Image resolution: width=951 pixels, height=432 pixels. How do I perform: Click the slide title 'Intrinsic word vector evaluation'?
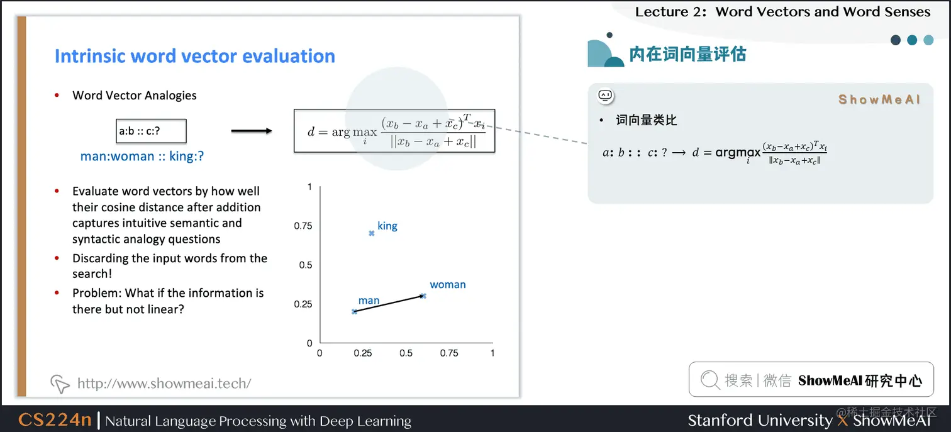[194, 56]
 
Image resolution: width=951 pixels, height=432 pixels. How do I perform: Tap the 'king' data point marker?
[371, 233]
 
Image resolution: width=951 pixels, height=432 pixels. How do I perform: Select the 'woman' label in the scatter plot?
[447, 284]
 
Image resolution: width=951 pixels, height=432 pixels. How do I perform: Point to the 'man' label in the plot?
[369, 301]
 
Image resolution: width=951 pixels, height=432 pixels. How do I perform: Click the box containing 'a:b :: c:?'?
[151, 131]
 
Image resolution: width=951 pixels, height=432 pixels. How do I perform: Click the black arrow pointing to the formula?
[251, 131]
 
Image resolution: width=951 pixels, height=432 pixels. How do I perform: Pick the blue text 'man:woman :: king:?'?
[142, 156]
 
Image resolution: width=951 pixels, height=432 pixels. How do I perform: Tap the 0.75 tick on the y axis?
[303, 226]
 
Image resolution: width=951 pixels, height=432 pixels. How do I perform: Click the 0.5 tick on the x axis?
[406, 353]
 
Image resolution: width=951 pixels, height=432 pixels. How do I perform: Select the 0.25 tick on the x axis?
[363, 353]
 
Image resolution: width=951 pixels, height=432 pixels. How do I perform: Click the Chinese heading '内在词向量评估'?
[687, 54]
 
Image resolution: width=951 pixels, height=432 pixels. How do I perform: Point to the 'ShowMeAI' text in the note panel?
[879, 99]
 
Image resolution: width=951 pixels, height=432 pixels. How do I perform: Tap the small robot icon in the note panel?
[605, 96]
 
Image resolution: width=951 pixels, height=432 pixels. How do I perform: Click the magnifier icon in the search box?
[709, 380]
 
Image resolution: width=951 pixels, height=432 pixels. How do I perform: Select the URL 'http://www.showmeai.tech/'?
[164, 383]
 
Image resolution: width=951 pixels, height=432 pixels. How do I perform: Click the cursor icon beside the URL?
[60, 383]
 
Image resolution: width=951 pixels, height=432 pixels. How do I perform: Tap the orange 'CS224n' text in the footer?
[55, 420]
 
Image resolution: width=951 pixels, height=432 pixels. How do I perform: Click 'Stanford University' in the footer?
[759, 420]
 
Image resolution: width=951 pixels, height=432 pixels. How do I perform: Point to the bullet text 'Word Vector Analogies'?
[135, 96]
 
